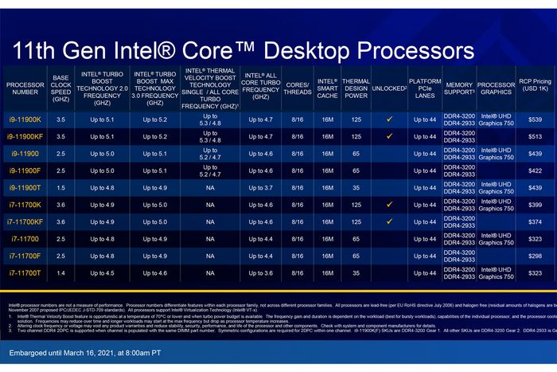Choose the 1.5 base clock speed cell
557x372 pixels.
click(x=61, y=187)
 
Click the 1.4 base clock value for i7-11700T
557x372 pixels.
click(x=61, y=272)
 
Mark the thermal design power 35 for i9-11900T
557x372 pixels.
click(x=355, y=187)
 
